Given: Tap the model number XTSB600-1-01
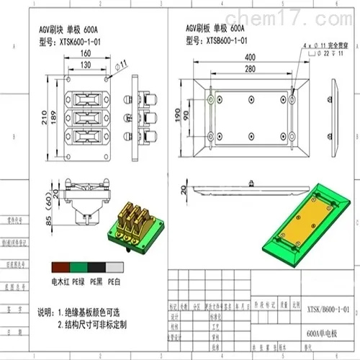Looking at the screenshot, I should (x=229, y=41).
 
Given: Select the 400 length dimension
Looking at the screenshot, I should (x=251, y=57).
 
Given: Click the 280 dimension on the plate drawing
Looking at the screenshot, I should (x=251, y=68).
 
